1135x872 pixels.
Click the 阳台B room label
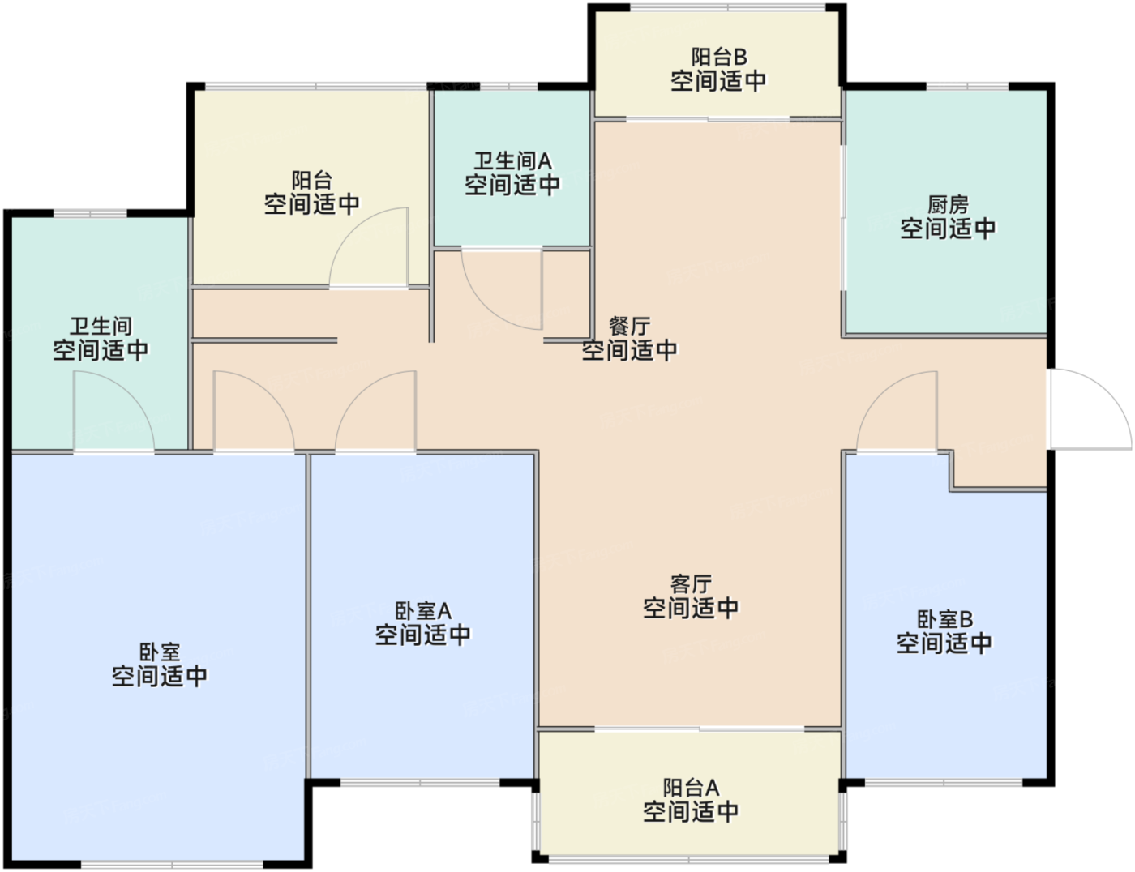(718, 58)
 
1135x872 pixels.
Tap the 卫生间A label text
(512, 161)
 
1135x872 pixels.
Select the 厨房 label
(948, 205)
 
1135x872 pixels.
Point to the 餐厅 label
(629, 327)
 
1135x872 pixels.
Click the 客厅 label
(691, 583)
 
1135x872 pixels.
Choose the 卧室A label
(422, 610)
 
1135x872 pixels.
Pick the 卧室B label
(944, 620)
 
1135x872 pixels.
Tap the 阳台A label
(691, 788)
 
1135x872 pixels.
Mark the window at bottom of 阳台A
(689, 859)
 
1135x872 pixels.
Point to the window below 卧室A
(420, 783)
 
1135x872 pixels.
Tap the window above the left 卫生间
(89, 214)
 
